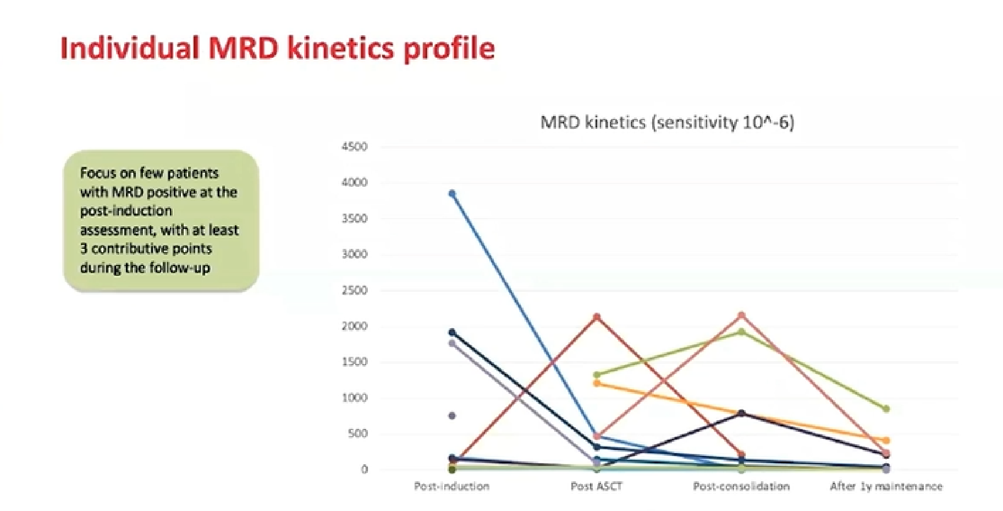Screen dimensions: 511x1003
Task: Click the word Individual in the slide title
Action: click(130, 48)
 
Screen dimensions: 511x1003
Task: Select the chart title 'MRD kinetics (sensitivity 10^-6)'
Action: click(667, 122)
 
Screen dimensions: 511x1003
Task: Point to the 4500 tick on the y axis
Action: click(355, 147)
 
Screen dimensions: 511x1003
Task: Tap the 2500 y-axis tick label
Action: click(355, 290)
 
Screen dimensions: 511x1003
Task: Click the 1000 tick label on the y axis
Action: click(355, 398)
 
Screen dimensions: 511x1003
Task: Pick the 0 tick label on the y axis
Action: click(364, 470)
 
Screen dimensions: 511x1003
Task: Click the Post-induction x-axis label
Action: click(451, 487)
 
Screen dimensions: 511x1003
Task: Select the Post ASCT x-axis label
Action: click(597, 487)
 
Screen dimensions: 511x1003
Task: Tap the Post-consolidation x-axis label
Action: click(741, 487)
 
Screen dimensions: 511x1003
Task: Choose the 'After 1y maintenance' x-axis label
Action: click(886, 487)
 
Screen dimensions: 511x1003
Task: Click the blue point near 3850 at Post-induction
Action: click(452, 193)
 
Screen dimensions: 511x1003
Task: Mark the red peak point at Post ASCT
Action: click(597, 317)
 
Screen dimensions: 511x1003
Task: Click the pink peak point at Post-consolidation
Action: click(741, 316)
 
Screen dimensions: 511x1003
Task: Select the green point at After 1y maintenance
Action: click(886, 409)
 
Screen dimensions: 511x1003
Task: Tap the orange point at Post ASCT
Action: click(597, 383)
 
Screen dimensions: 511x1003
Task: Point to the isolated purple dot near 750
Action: click(452, 416)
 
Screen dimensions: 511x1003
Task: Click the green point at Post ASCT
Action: click(597, 375)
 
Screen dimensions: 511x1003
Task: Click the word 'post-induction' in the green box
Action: click(126, 211)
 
